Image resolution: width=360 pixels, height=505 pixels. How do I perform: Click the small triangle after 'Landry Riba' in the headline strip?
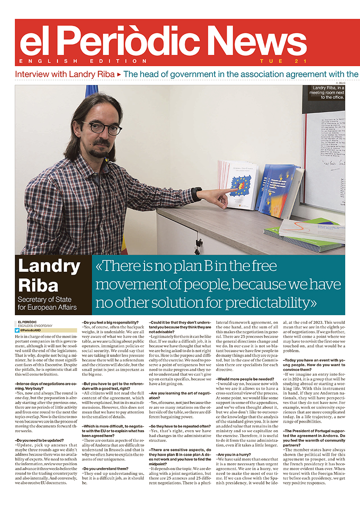119,74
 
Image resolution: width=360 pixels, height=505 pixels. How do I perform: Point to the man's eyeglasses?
102,128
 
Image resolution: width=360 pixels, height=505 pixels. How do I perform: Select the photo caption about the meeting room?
327,93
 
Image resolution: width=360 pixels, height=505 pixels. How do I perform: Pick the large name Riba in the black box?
38,285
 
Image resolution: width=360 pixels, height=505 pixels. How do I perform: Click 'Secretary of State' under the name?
45,300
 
